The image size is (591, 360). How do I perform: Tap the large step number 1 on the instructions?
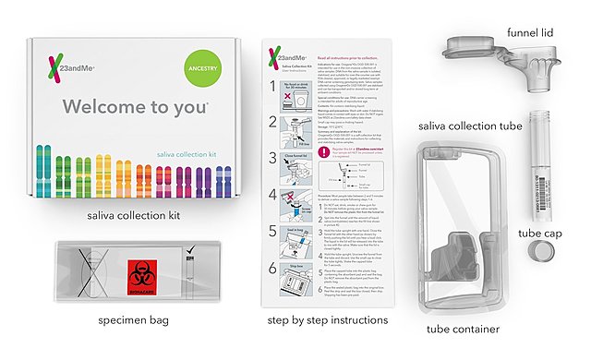(273, 86)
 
